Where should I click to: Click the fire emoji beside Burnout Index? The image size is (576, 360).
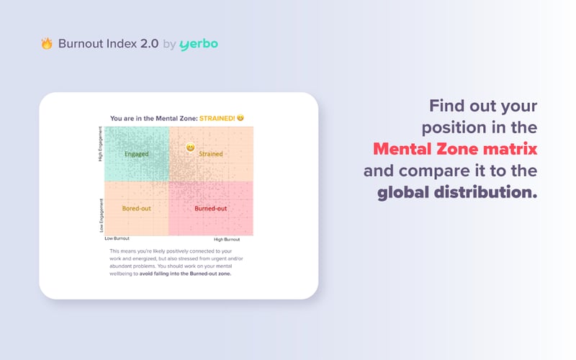(x=47, y=44)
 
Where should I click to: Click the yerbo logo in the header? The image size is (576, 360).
(x=199, y=45)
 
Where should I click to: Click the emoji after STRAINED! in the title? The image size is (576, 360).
(x=240, y=118)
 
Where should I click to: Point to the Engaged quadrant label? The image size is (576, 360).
(x=137, y=154)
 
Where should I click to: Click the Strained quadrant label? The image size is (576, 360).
(x=211, y=154)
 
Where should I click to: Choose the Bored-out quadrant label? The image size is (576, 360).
(x=136, y=208)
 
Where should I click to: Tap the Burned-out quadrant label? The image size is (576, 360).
(x=211, y=208)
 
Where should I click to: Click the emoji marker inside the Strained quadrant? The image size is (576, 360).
(x=191, y=148)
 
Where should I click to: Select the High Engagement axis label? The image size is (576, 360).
(x=100, y=144)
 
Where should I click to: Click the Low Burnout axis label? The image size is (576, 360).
(x=117, y=238)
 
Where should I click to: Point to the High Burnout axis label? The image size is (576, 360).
(x=227, y=238)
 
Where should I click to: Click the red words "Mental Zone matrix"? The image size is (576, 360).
(x=455, y=150)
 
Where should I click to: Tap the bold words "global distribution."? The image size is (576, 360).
(x=457, y=193)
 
